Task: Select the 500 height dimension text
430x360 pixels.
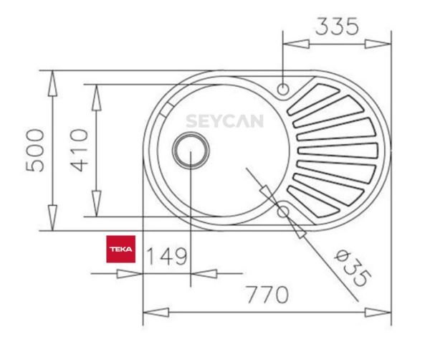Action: tap(36, 151)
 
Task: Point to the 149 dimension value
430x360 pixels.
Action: tap(166, 256)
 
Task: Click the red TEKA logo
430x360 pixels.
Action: tap(120, 249)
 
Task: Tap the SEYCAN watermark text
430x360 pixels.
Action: tap(224, 121)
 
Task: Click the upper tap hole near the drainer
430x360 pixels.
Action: tap(284, 90)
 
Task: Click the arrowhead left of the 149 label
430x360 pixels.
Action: tap(133, 273)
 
